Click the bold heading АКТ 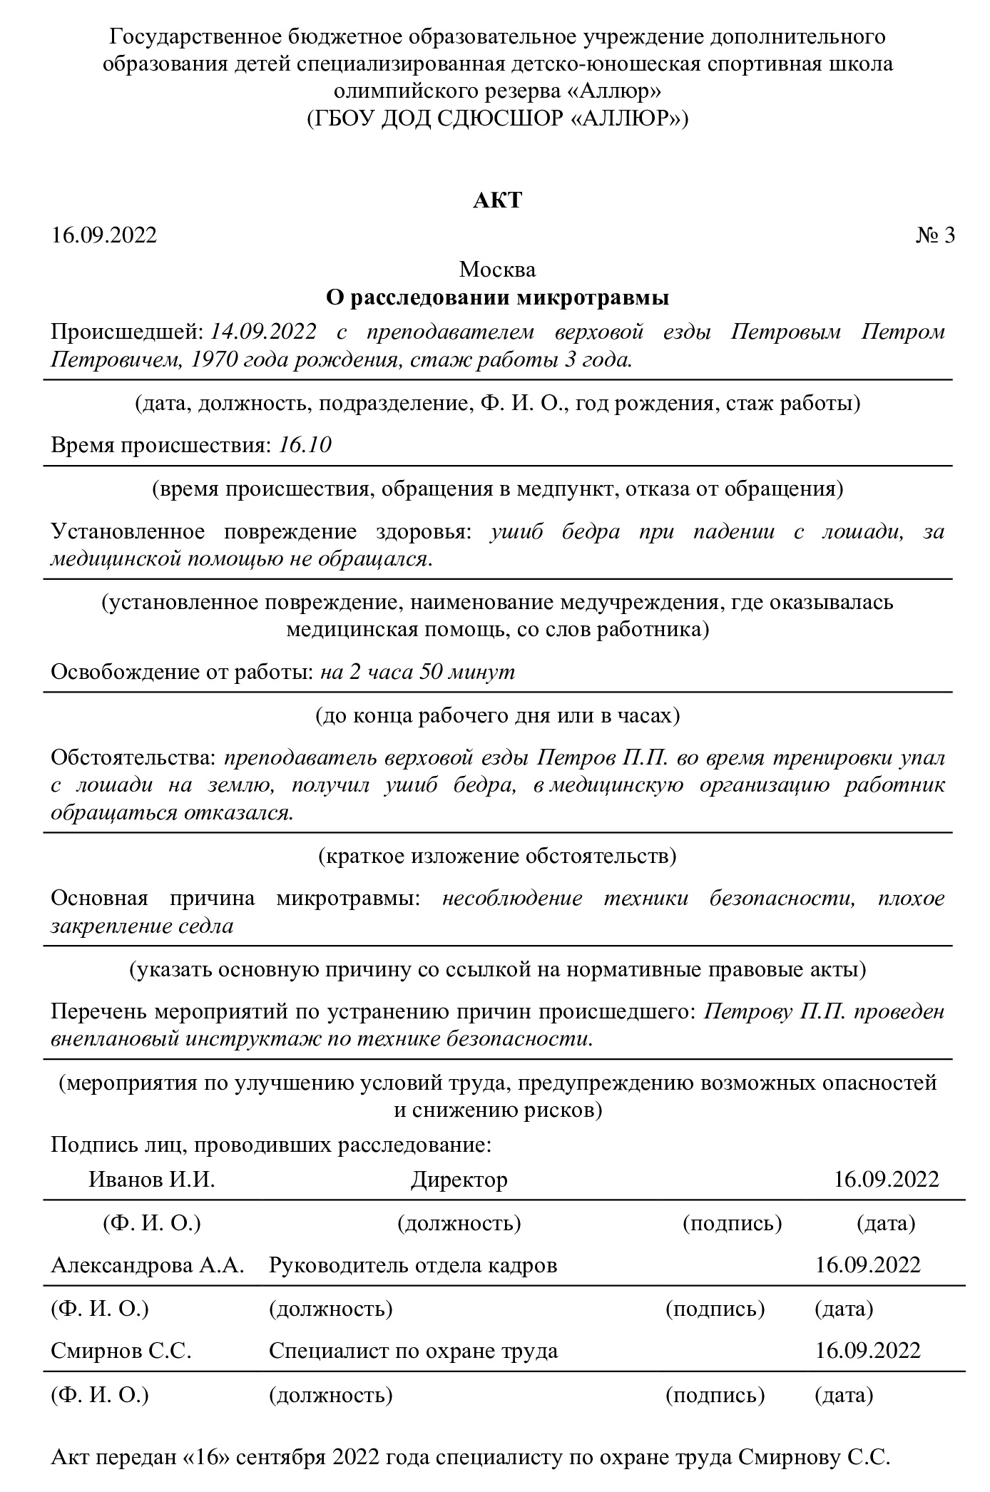497,200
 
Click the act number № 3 934,235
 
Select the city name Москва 497,270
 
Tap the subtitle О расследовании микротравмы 497,297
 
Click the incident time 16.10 305,445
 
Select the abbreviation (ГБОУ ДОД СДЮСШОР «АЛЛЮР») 497,118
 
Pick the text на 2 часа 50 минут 417,672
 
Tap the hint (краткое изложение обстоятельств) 497,855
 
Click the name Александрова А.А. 148,1264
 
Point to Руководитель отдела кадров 413,1264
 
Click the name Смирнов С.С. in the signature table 121,1350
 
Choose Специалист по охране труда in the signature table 413,1350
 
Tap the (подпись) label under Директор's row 732,1223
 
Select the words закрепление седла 142,926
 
